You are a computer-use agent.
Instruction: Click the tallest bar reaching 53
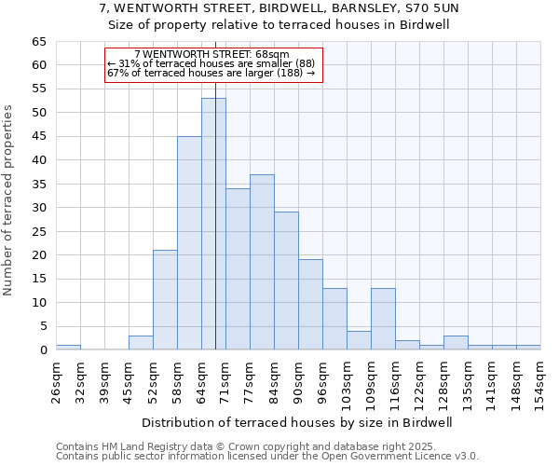[213, 224]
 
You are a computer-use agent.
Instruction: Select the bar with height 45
[189, 243]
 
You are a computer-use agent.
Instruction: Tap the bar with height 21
[165, 300]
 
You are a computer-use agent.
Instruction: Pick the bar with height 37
[262, 262]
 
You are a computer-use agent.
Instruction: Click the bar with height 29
[286, 281]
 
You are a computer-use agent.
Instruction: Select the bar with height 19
[310, 305]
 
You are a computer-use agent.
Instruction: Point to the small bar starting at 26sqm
[68, 348]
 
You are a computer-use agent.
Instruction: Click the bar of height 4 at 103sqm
[359, 340]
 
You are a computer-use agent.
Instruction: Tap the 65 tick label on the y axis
[38, 42]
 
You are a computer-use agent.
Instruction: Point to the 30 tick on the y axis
[38, 208]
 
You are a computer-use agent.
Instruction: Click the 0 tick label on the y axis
[43, 350]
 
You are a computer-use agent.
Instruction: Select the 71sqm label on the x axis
[225, 379]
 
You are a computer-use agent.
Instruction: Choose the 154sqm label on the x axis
[540, 379]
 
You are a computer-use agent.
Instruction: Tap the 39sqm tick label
[104, 379]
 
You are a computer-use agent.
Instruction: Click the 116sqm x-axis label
[395, 379]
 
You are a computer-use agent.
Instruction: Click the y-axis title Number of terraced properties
[8, 200]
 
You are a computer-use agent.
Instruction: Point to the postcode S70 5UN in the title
[432, 7]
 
